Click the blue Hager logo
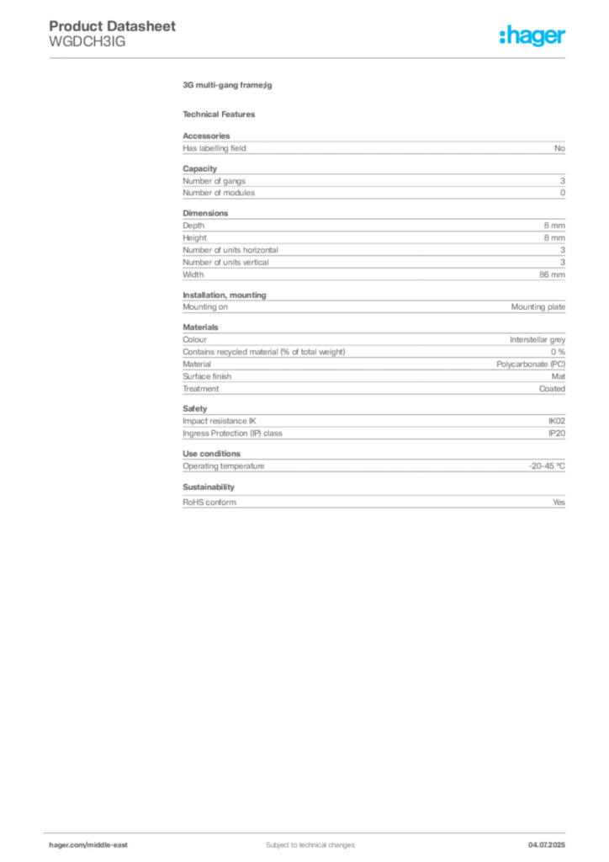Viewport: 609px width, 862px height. [x=534, y=37]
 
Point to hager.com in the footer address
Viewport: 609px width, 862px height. [x=66, y=844]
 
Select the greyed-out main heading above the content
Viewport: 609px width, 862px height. [x=229, y=85]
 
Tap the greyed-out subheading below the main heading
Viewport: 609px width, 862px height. [x=222, y=114]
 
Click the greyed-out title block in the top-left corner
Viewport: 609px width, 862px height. [x=113, y=34]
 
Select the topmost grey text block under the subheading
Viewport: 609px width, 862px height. [x=373, y=146]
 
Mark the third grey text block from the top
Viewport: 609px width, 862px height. [x=373, y=245]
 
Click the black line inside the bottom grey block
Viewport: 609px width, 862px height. [x=395, y=502]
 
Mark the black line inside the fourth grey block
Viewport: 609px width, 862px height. [x=366, y=306]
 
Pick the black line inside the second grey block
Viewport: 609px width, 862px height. [x=410, y=193]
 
